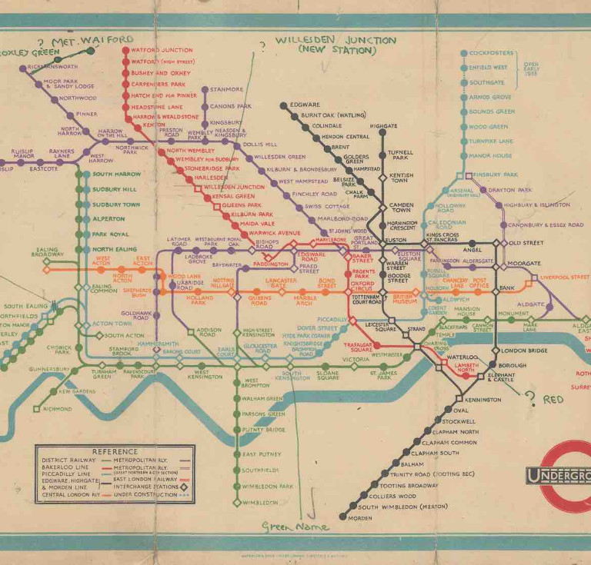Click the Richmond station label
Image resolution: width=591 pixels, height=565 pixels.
click(x=57, y=409)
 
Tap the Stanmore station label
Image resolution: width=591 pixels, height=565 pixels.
click(x=226, y=89)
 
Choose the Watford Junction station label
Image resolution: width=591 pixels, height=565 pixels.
click(x=162, y=51)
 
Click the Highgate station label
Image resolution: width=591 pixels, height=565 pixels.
click(x=383, y=125)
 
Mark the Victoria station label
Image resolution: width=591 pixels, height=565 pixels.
click(x=356, y=360)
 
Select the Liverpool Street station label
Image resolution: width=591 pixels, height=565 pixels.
click(x=564, y=277)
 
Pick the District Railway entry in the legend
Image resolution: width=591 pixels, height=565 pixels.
click(x=67, y=460)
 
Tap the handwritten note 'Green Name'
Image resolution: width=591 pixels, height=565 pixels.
click(x=295, y=527)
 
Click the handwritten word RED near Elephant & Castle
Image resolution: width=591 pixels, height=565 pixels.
click(x=553, y=400)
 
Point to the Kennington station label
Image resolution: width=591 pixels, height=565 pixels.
click(x=483, y=400)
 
